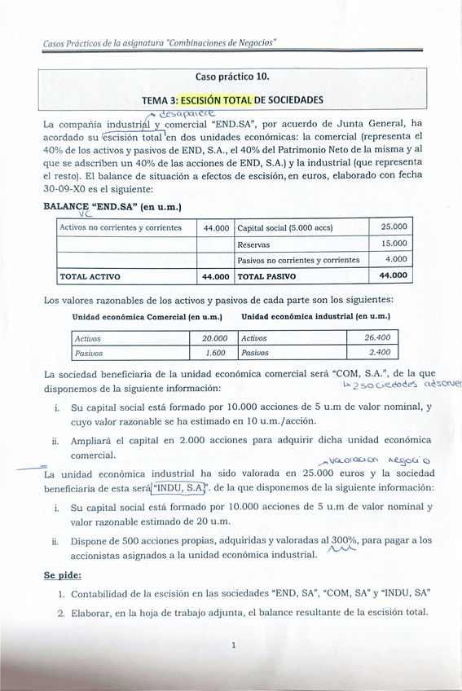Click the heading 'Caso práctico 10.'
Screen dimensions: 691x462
[231, 77]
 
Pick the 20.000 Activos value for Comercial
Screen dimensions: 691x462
[214, 338]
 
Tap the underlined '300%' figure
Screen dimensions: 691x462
[345, 540]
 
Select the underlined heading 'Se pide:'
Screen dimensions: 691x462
[62, 575]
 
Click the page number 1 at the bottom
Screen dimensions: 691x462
[233, 646]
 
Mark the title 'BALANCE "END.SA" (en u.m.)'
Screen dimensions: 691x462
[112, 207]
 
